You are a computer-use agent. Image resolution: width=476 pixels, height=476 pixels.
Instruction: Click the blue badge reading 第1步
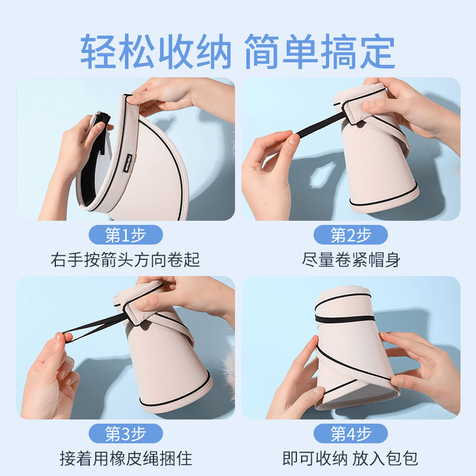pyautogui.click(x=126, y=234)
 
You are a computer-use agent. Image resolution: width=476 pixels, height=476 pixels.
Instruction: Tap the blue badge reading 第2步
pyautogui.click(x=350, y=234)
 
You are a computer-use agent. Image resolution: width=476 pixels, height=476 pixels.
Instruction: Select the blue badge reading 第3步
pyautogui.click(x=126, y=433)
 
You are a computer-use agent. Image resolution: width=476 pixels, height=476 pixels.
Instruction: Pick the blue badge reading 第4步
pyautogui.click(x=350, y=433)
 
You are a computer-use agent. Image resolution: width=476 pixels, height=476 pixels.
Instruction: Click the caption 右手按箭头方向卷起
pyautogui.click(x=125, y=260)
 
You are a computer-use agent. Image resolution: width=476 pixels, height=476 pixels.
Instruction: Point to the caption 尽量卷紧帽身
pyautogui.click(x=351, y=260)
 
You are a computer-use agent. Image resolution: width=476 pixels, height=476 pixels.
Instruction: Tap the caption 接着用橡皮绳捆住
pyautogui.click(x=126, y=458)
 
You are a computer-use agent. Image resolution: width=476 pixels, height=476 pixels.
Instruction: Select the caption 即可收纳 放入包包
pyautogui.click(x=350, y=458)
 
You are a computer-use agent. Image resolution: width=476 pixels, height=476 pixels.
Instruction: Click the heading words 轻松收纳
pyautogui.click(x=156, y=52)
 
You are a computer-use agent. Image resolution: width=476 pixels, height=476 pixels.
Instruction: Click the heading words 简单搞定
pyautogui.click(x=320, y=52)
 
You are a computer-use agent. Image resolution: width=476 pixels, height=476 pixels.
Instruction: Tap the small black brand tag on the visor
pyautogui.click(x=128, y=162)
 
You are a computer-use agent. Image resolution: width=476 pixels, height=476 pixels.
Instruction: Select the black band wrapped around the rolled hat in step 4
pyautogui.click(x=345, y=319)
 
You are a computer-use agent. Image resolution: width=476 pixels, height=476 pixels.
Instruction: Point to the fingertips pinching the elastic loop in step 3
pyautogui.click(x=63, y=337)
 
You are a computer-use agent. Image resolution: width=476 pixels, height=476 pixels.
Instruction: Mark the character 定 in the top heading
pyautogui.click(x=377, y=52)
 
